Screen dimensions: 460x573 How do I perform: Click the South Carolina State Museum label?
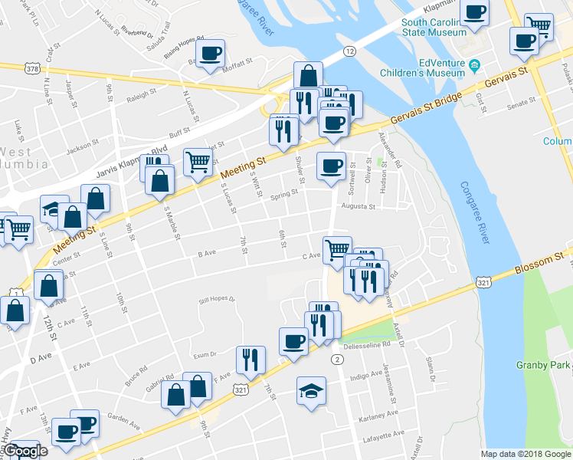[x=435, y=27]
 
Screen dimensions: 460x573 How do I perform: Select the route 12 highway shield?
[x=349, y=51]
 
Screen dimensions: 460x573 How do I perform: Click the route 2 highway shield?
[x=336, y=359]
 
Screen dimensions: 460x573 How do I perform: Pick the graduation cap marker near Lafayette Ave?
[x=311, y=391]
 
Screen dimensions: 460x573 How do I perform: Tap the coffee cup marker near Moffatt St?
[x=211, y=54]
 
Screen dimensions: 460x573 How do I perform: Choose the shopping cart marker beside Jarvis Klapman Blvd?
[x=198, y=162]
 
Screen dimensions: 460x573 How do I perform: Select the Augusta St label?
[x=358, y=206]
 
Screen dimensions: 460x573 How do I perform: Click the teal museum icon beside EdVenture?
[x=474, y=64]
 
